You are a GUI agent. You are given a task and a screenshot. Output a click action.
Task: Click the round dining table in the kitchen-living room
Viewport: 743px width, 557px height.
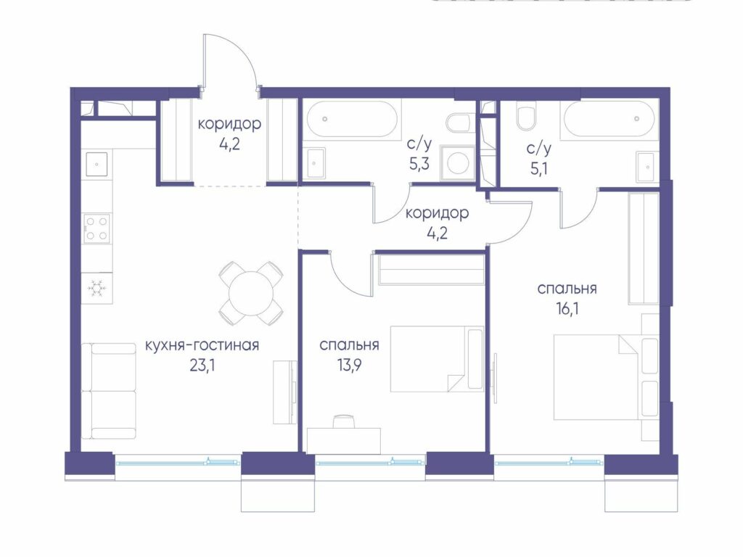coord(250,293)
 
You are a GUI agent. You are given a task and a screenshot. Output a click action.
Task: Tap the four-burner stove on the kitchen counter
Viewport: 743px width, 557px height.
coord(97,228)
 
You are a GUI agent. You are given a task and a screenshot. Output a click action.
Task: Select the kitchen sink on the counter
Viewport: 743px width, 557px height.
coord(97,164)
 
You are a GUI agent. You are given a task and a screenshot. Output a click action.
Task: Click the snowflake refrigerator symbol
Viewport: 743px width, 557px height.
coord(97,287)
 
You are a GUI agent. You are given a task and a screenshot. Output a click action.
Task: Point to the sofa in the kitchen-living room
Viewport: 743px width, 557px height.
coord(109,391)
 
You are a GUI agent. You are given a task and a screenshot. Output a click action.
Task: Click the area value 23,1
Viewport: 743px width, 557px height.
coord(202,366)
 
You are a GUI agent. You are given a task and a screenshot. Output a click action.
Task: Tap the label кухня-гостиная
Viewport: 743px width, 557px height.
coord(202,345)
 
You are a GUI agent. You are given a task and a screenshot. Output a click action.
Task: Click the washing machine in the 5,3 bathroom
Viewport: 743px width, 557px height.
coord(458,164)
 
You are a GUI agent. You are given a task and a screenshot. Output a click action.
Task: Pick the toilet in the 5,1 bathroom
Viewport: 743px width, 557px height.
coord(526,117)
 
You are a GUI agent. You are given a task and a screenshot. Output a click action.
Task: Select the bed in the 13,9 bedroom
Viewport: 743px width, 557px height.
coord(437,358)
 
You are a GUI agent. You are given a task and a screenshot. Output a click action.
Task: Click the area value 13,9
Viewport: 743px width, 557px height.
coord(349,366)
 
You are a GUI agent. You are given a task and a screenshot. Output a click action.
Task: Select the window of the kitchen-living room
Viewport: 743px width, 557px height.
coord(178,462)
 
